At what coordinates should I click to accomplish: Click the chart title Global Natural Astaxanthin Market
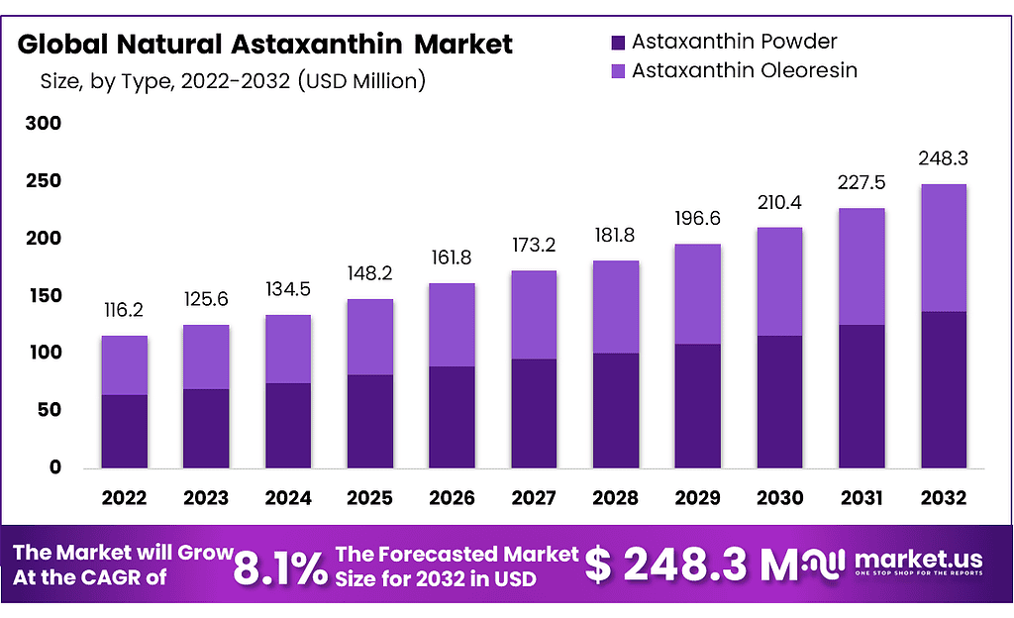pyautogui.click(x=265, y=44)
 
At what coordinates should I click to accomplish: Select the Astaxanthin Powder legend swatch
pyautogui.click(x=619, y=43)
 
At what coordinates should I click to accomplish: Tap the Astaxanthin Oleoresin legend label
pyautogui.click(x=744, y=70)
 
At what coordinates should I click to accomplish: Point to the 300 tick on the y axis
pyautogui.click(x=44, y=125)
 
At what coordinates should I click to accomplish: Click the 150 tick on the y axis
pyautogui.click(x=44, y=296)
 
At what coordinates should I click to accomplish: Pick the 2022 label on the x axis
pyautogui.click(x=124, y=498)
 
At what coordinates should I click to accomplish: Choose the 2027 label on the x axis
pyautogui.click(x=534, y=498)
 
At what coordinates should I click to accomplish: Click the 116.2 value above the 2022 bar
pyautogui.click(x=124, y=310)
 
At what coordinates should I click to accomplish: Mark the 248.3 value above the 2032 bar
pyautogui.click(x=944, y=158)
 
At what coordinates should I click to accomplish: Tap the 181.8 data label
pyautogui.click(x=616, y=236)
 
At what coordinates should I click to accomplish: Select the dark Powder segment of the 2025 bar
pyautogui.click(x=369, y=421)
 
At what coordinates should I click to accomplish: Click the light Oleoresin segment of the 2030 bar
pyautogui.click(x=779, y=281)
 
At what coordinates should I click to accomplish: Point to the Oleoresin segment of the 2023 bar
pyautogui.click(x=206, y=357)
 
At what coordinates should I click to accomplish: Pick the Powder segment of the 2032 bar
pyautogui.click(x=944, y=389)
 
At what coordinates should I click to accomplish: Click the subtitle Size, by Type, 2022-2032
pyautogui.click(x=232, y=80)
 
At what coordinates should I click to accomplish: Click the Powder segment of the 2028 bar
pyautogui.click(x=616, y=410)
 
